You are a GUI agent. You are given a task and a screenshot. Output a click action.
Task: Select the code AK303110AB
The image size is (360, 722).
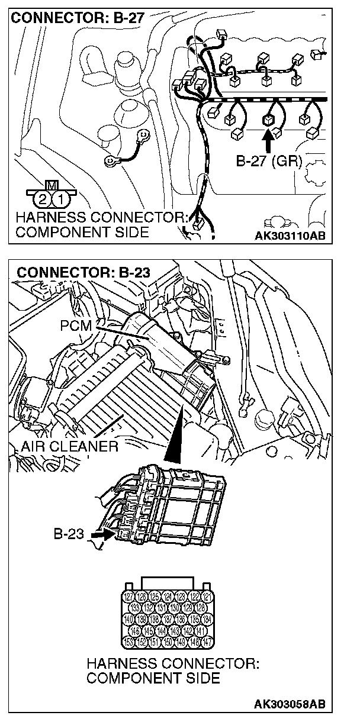tap(290, 236)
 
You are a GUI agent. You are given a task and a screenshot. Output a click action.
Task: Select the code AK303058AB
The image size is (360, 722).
tap(290, 704)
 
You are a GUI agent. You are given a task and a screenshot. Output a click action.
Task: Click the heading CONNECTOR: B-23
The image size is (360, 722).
tap(83, 273)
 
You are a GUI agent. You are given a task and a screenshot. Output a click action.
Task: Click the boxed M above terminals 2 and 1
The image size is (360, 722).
tap(51, 184)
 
